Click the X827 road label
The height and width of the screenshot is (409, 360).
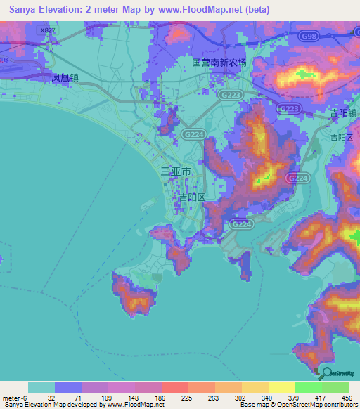(x=48, y=31)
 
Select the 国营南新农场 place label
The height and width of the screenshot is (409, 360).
(x=219, y=62)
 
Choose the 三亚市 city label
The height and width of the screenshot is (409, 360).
(x=176, y=171)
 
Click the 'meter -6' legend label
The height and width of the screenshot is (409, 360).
(x=15, y=397)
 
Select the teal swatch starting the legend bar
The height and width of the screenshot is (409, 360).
(x=41, y=387)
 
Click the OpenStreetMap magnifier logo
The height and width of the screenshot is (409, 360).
(x=326, y=375)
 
